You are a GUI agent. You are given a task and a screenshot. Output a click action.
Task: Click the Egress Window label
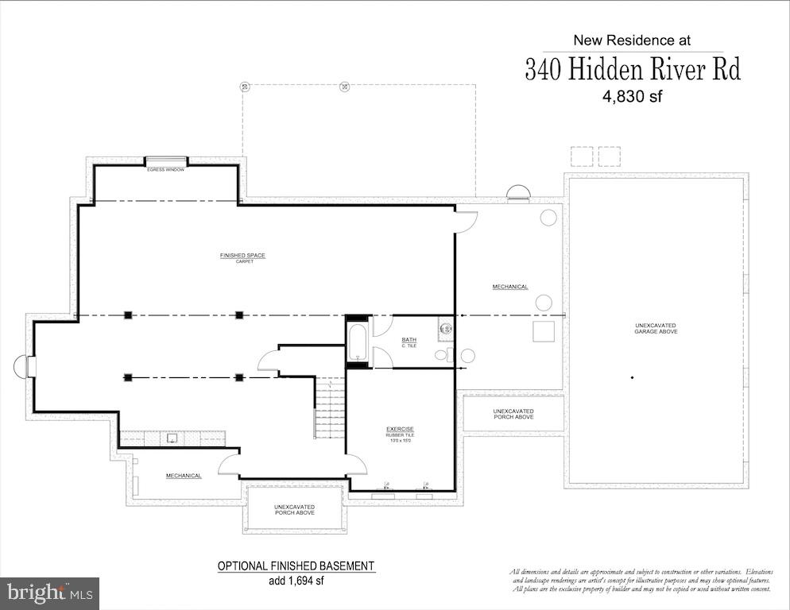click(x=165, y=169)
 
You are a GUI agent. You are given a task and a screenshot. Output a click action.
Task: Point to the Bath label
click(x=409, y=342)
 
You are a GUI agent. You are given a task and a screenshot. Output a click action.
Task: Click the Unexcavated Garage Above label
click(x=655, y=328)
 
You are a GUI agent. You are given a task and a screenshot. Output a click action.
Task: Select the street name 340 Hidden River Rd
click(x=632, y=70)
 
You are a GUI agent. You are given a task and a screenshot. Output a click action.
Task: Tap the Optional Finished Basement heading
click(x=296, y=566)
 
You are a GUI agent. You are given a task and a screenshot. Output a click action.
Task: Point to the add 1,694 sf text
click(x=296, y=580)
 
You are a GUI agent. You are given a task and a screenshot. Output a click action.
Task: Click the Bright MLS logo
click(x=49, y=593)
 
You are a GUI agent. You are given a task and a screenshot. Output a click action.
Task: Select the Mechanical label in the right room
click(x=510, y=287)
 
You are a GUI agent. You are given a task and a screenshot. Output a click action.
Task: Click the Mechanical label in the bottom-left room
click(x=184, y=476)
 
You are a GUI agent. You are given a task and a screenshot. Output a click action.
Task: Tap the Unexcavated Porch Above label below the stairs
click(x=295, y=509)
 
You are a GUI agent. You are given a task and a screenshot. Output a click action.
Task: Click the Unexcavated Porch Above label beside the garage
click(x=513, y=414)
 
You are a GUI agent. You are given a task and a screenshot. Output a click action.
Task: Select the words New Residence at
click(x=632, y=40)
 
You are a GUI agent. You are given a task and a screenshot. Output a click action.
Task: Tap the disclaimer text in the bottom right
click(x=640, y=580)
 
